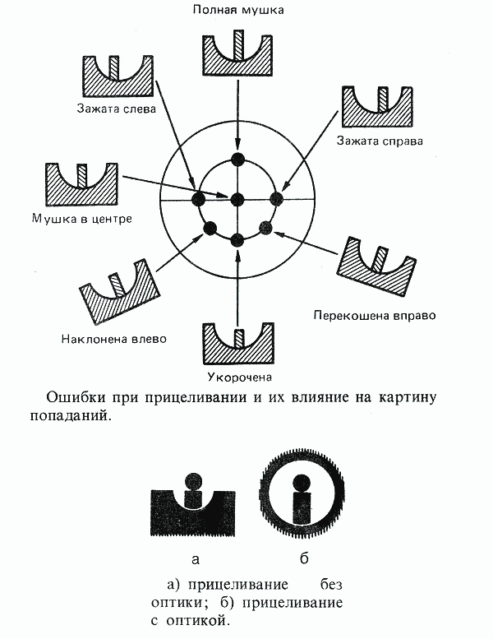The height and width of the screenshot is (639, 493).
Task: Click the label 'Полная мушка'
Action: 237,10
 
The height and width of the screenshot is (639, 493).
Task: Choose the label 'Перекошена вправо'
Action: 374,315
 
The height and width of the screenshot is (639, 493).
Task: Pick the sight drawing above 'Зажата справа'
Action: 377,105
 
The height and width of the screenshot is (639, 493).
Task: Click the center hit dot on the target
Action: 237,199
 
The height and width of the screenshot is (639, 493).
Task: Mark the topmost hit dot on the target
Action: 237,160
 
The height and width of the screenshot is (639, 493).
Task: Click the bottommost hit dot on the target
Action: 237,239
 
